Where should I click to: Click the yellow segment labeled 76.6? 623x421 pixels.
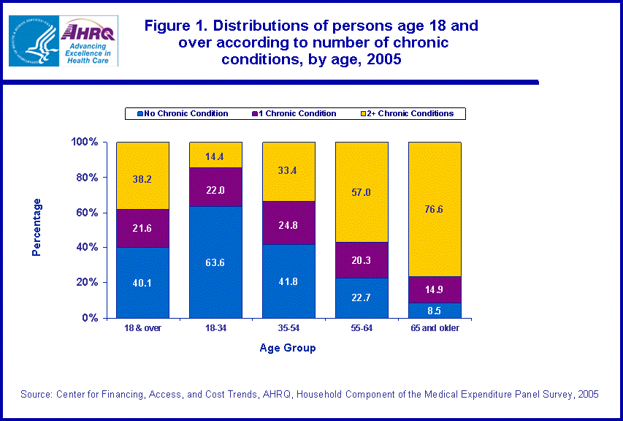point(435,209)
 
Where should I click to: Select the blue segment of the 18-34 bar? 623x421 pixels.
point(215,262)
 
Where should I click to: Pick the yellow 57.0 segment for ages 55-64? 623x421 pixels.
point(362,192)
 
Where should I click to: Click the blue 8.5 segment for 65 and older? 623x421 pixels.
point(435,310)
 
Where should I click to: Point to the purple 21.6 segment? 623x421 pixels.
point(142,228)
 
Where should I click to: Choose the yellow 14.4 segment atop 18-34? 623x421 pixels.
point(215,155)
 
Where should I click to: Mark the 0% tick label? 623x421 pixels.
point(88,318)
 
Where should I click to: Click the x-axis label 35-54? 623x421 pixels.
point(288,328)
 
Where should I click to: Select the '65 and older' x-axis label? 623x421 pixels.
point(435,328)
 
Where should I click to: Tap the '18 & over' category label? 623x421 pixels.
point(142,328)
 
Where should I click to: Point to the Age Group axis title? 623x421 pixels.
point(288,348)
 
